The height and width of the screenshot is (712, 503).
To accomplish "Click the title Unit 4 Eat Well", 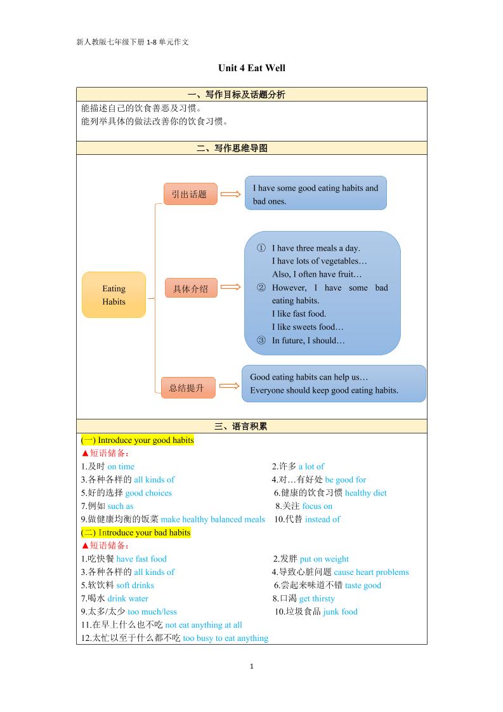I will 251,68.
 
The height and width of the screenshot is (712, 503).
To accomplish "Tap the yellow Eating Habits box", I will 114,295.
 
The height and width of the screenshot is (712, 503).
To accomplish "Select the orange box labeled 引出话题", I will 190,194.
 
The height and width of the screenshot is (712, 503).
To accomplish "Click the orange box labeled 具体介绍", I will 190,289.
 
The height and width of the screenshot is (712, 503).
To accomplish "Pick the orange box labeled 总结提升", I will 188,388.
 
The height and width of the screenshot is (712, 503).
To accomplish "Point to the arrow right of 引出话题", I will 230,195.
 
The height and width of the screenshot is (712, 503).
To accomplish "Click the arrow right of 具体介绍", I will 230,287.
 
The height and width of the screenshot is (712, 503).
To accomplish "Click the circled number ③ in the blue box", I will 261,340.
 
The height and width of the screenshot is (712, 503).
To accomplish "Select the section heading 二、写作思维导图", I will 232,148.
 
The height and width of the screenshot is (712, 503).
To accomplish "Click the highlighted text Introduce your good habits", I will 145,440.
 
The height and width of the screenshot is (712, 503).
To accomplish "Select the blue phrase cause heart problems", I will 371,572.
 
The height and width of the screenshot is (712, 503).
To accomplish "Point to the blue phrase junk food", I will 340,612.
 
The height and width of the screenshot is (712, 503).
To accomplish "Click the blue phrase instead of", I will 322,519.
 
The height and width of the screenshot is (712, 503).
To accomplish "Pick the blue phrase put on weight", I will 324,559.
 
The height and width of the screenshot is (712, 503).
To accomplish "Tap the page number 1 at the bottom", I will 252,666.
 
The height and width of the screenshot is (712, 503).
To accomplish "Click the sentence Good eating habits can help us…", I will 309,377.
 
